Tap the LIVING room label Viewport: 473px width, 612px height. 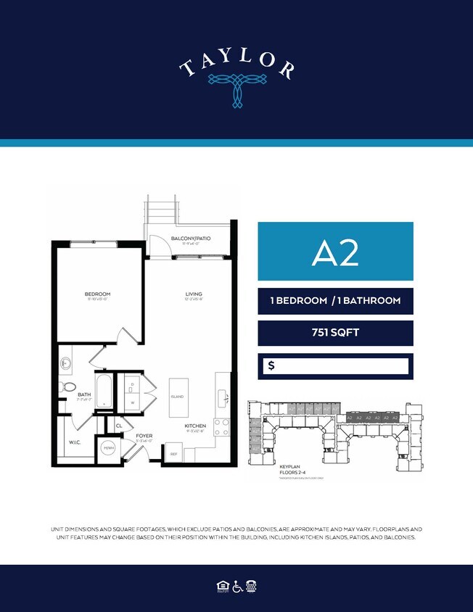pyautogui.click(x=192, y=294)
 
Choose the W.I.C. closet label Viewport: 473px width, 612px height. pyautogui.click(x=74, y=441)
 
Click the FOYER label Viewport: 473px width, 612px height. pyautogui.click(x=144, y=437)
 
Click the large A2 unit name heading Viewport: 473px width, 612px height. pyautogui.click(x=335, y=252)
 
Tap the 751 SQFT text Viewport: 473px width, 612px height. pyautogui.click(x=335, y=334)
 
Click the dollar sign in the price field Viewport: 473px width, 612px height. pyautogui.click(x=271, y=366)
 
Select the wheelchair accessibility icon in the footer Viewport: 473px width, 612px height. pyautogui.click(x=236, y=586)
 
